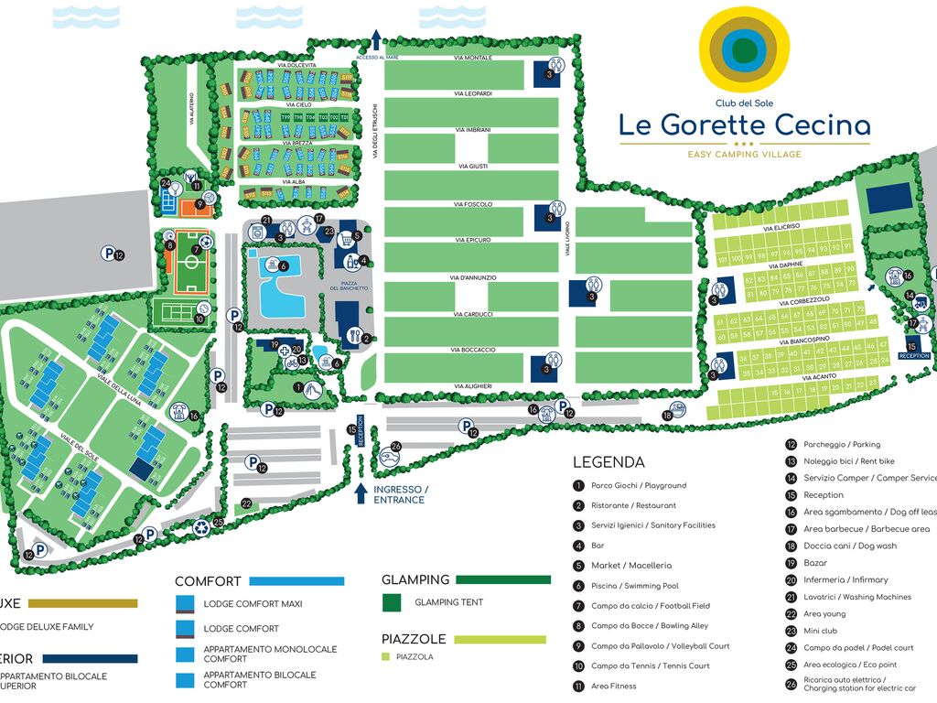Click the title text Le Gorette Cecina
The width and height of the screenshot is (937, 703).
point(744,124)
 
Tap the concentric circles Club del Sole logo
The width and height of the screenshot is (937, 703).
point(744,49)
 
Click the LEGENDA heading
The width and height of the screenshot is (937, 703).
point(609,462)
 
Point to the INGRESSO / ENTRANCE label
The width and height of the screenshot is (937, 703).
point(399,494)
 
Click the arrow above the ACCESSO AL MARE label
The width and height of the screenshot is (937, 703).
point(375,39)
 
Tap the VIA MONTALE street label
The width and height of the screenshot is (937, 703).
point(472,58)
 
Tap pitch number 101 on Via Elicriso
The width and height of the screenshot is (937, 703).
point(723,259)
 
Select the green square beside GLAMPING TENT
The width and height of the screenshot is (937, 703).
point(392,602)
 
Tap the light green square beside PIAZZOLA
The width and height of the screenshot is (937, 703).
point(386,656)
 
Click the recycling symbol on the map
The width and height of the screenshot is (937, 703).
point(201,526)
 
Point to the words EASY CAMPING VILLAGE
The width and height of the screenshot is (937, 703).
point(744,155)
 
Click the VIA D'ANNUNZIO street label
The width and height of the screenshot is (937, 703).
point(472,277)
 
